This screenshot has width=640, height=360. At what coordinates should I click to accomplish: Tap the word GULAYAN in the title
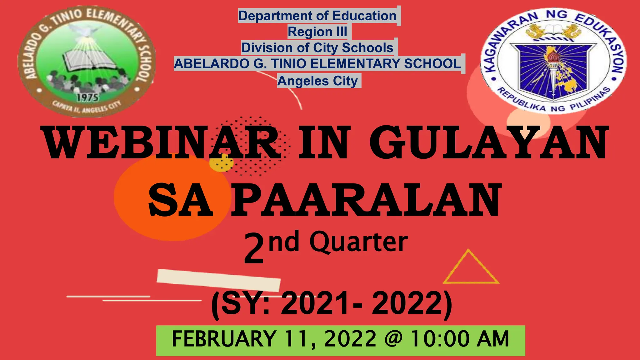point(489,142)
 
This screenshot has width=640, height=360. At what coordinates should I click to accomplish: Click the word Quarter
point(358,243)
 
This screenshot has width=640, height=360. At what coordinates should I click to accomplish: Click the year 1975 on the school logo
point(87,97)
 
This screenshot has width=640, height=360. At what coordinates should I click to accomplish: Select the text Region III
point(317,32)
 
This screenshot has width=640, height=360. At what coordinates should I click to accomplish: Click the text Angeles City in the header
point(318,81)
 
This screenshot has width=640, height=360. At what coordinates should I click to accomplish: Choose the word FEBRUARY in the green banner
point(224,339)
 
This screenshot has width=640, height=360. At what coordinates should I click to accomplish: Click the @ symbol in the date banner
point(393,339)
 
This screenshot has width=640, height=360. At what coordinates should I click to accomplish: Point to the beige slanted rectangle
point(218,280)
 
